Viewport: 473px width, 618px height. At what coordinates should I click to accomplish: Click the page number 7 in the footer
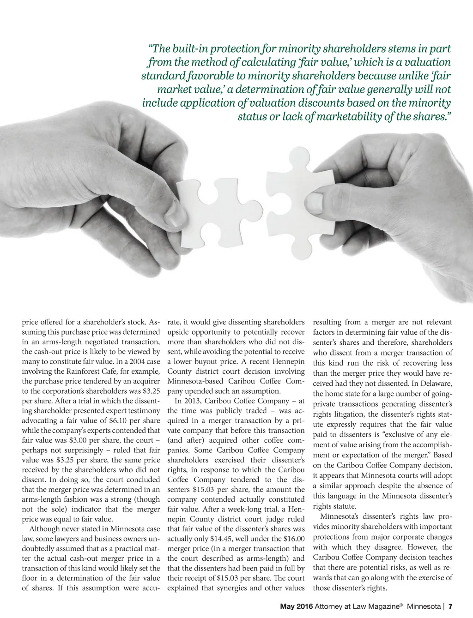pyautogui.click(x=450, y=606)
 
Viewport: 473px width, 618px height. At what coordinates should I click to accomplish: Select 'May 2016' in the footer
pyautogui.click(x=297, y=606)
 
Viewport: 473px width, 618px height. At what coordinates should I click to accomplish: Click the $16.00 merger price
pyautogui.click(x=294, y=539)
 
